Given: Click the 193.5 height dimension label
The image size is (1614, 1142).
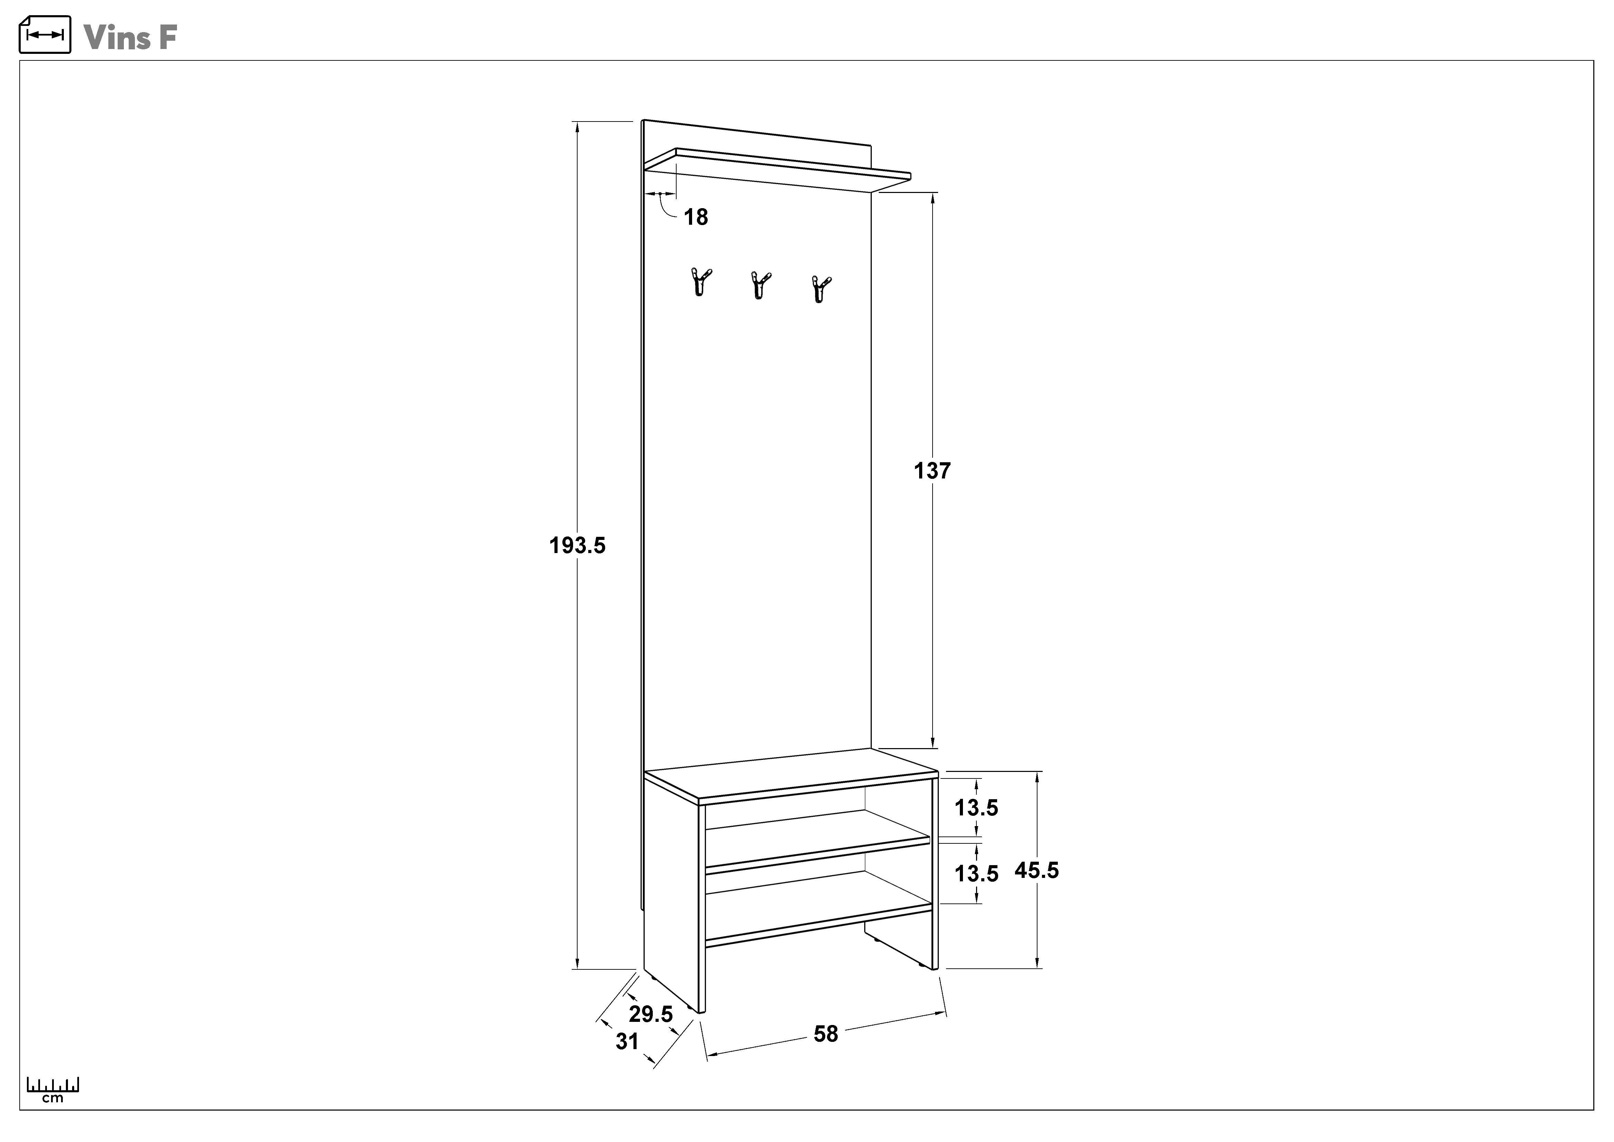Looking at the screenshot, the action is pos(577,545).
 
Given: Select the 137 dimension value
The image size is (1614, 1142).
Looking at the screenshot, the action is pos(932,471).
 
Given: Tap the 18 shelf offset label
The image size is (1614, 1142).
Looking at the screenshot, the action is pos(696,217).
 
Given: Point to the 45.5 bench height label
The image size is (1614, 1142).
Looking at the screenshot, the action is pos(1036,871).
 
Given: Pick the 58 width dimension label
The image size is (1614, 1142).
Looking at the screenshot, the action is pos(826,1034).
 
